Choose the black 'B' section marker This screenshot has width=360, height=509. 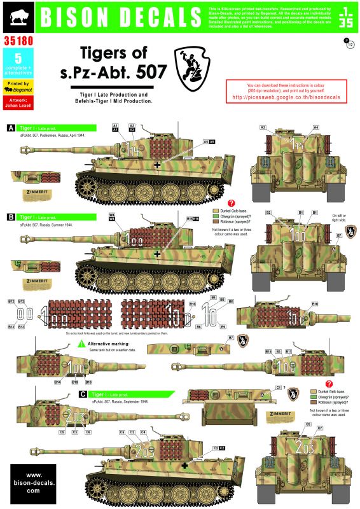(10, 217)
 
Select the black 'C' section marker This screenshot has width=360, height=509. (83, 394)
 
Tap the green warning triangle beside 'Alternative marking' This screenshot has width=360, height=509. (80, 344)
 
